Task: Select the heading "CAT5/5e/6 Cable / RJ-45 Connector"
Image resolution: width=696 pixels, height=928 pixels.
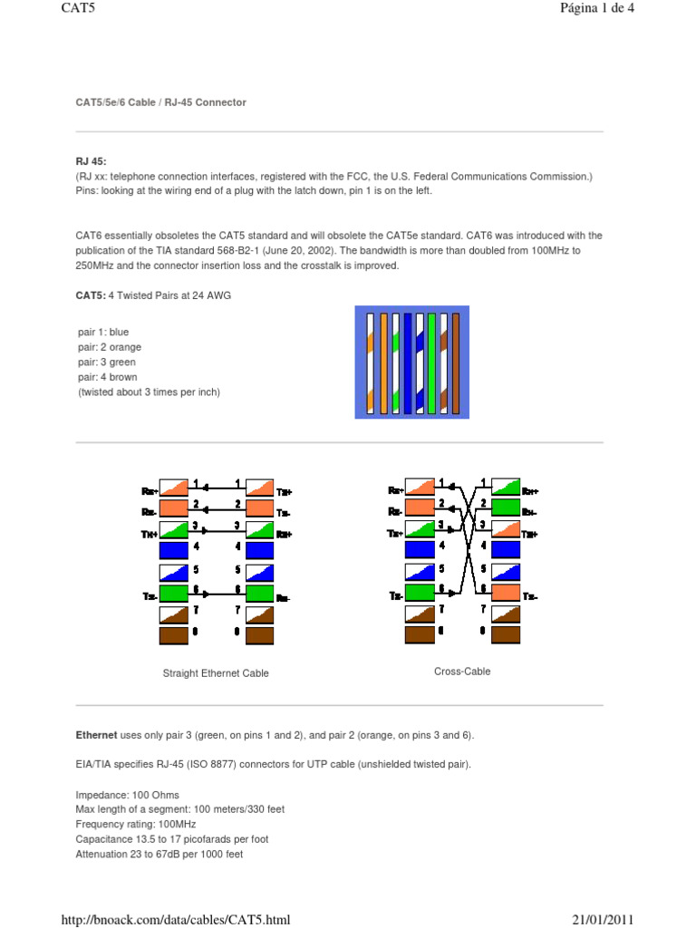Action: point(160,102)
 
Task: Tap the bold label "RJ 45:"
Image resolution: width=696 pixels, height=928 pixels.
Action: point(91,160)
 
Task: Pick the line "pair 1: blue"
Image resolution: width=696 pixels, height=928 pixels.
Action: point(103,333)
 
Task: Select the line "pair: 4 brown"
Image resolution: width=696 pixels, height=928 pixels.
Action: point(109,377)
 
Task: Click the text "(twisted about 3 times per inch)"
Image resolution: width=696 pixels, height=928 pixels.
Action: point(149,391)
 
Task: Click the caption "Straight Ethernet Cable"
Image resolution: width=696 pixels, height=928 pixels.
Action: point(216,673)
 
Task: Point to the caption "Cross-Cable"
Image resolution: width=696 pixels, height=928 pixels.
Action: point(462,672)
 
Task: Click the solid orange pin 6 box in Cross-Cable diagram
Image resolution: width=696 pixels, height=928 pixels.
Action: point(506,593)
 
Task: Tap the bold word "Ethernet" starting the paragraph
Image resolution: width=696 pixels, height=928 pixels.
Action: point(96,734)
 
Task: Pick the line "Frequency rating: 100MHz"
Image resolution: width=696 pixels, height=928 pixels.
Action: point(136,825)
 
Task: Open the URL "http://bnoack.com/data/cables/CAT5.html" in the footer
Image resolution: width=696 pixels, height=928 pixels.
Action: point(175,920)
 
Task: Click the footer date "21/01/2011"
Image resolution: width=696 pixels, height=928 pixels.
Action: point(603,920)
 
